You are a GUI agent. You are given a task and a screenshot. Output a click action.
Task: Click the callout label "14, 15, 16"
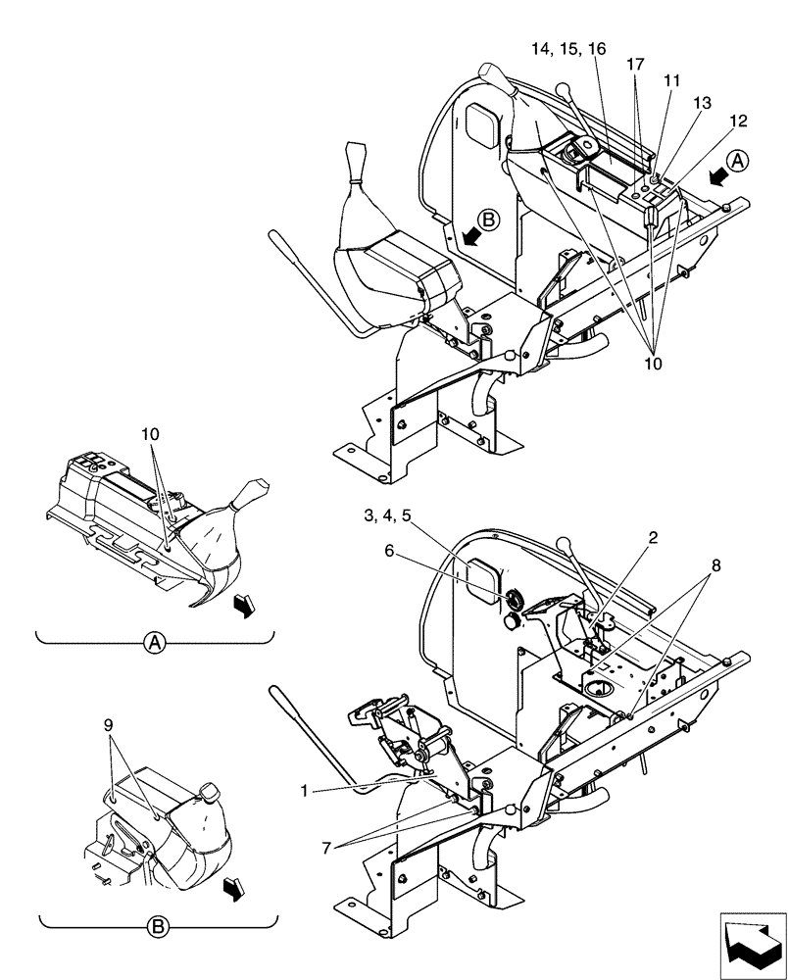pos(570,48)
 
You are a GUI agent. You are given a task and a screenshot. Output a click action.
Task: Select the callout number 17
pos(636,65)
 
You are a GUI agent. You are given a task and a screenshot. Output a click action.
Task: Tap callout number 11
pos(672,83)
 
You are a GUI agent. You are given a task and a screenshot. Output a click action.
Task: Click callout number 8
pos(715,565)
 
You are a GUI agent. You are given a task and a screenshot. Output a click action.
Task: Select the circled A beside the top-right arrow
pos(739,162)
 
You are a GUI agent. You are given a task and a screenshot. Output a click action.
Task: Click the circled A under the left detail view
pos(153,643)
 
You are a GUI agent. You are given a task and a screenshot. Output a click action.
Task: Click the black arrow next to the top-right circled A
pos(716,174)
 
